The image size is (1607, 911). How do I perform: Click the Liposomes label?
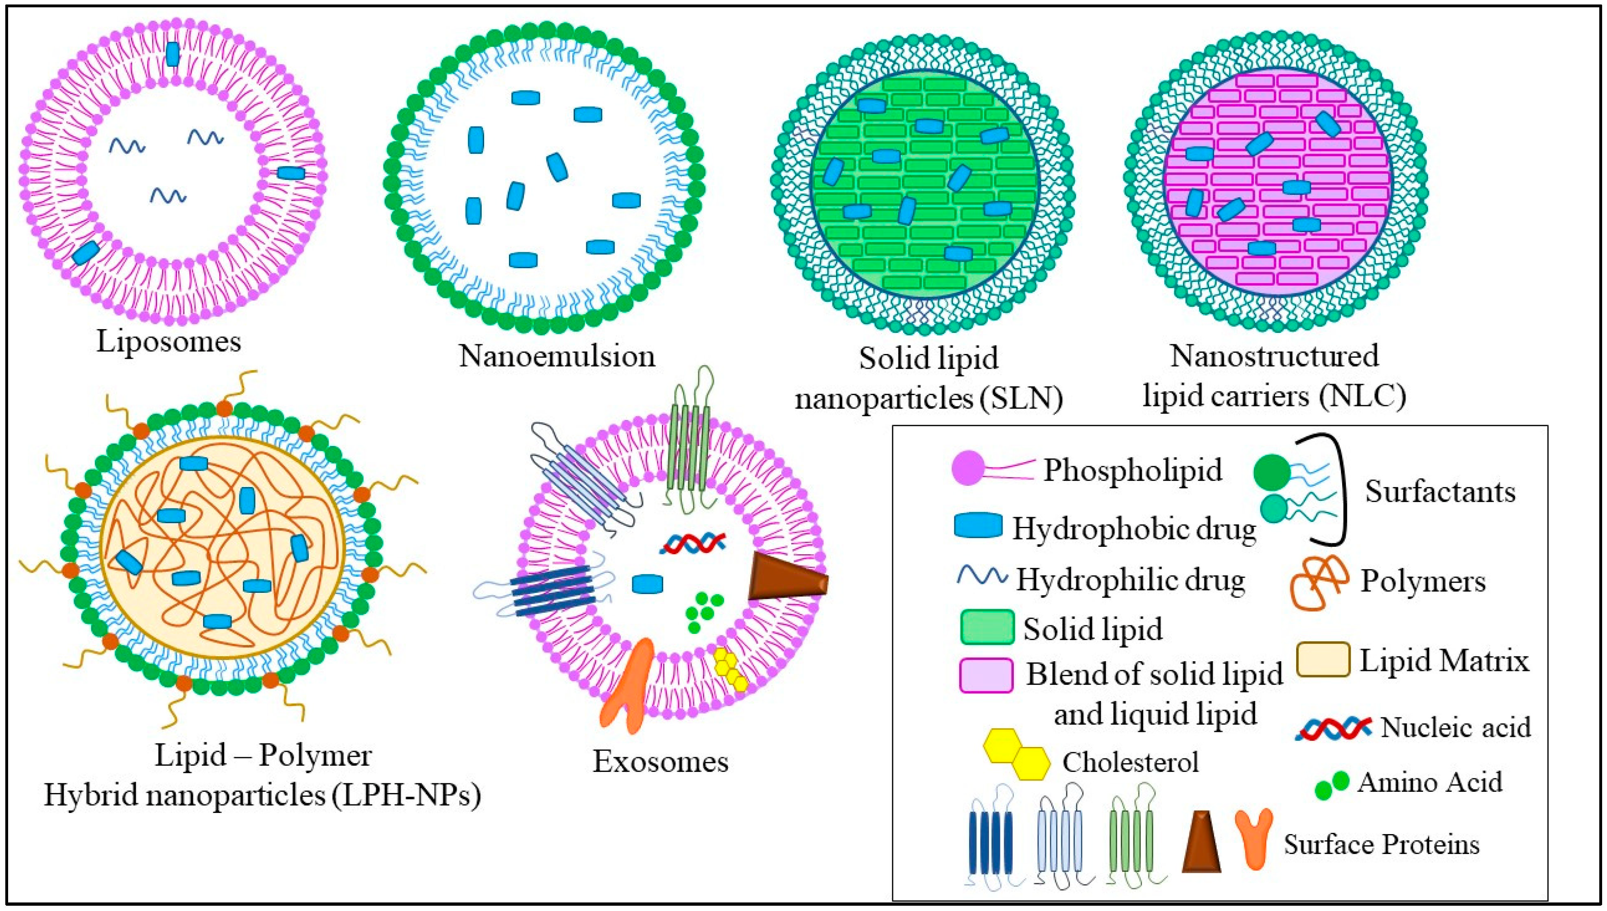(168, 342)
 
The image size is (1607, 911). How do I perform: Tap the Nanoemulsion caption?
(557, 356)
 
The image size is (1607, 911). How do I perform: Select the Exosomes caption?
(661, 761)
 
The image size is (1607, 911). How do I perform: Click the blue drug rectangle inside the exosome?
(647, 584)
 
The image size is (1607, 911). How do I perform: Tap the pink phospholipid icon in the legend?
(968, 469)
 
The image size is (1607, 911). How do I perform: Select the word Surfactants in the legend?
(1440, 492)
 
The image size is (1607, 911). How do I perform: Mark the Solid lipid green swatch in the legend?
(987, 627)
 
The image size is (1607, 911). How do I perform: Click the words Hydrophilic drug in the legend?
(1130, 580)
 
